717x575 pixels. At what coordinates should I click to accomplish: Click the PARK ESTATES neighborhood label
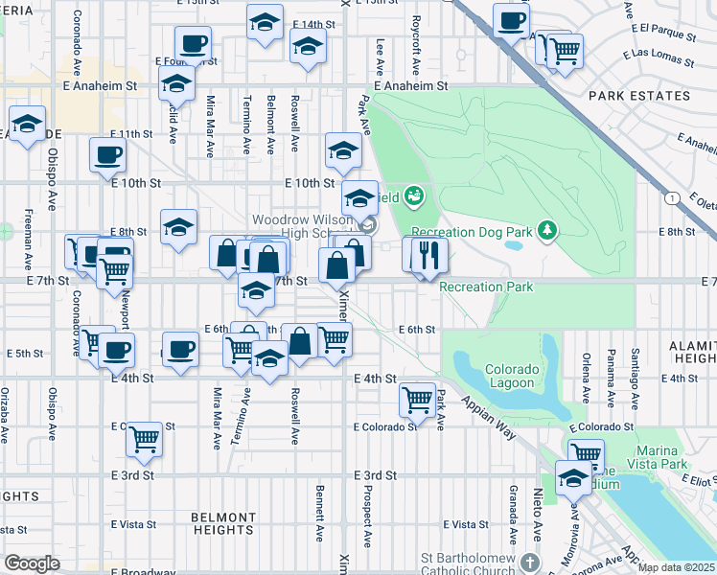pos(639,96)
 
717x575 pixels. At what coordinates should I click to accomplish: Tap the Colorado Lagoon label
pos(509,377)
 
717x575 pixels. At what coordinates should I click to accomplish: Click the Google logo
pos(32,563)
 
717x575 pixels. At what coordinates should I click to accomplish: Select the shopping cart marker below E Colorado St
pos(144,438)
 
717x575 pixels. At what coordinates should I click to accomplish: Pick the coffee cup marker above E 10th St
pos(106,154)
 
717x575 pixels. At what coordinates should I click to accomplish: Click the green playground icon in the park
pos(414,197)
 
